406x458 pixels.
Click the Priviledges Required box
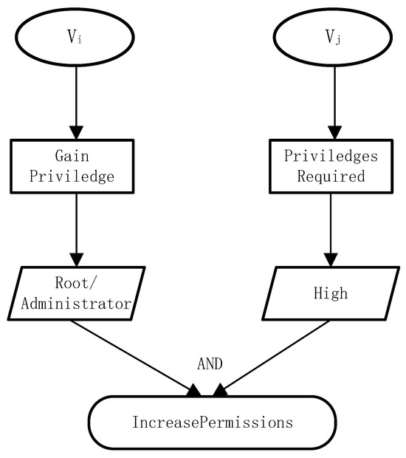(330, 166)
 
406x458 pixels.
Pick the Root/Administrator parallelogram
(76, 293)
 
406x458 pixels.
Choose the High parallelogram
(330, 293)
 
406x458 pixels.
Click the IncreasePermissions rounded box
(213, 423)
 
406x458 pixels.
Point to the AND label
(210, 363)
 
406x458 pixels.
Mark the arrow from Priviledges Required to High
(330, 229)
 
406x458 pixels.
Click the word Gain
(72, 157)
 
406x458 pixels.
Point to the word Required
(330, 177)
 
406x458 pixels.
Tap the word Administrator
(76, 303)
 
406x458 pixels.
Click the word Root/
(76, 283)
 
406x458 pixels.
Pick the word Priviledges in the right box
(330, 157)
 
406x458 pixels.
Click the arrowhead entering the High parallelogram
(330, 259)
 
